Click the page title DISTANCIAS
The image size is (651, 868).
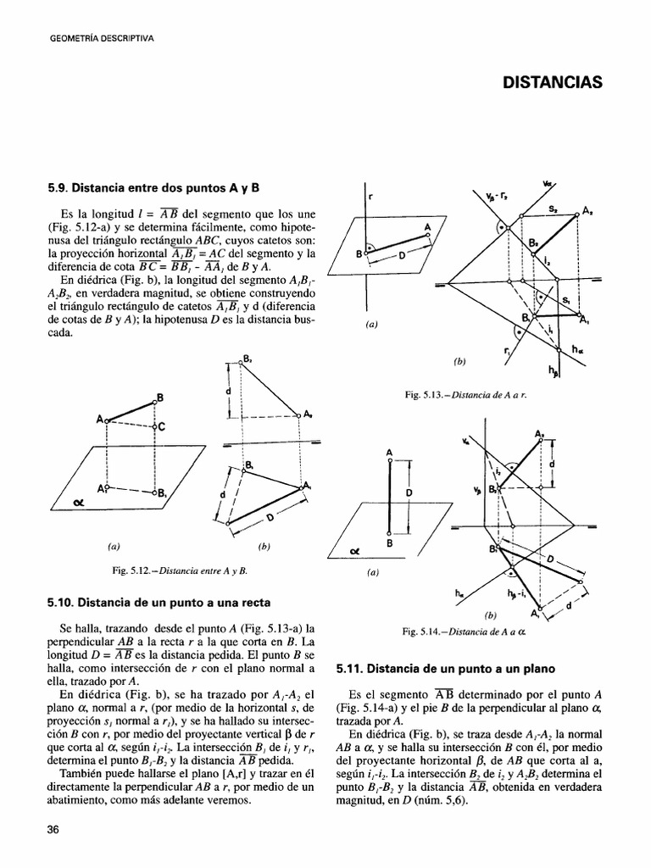pyautogui.click(x=552, y=82)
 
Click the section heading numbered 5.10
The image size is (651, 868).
pyautogui.click(x=159, y=603)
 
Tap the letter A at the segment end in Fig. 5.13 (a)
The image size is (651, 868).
pyautogui.click(x=428, y=226)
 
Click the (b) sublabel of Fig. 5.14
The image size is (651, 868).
pyautogui.click(x=489, y=615)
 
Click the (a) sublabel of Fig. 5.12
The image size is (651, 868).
pyautogui.click(x=108, y=547)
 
